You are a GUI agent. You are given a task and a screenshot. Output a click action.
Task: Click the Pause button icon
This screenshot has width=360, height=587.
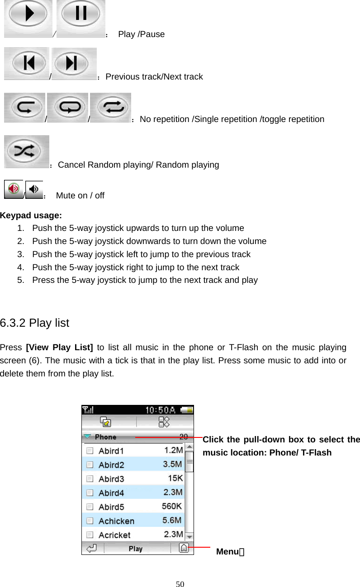point(81,14)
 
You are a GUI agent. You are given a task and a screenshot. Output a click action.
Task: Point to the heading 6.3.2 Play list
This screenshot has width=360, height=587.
point(34,323)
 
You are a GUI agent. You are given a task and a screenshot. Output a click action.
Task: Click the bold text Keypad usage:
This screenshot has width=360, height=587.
point(31,215)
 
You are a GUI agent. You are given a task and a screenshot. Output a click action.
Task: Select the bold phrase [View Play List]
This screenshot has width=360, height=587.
point(60,348)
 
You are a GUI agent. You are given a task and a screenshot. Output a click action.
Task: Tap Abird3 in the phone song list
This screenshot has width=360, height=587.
point(111,479)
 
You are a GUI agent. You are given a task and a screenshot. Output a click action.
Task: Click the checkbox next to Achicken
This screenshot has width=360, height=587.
point(90,521)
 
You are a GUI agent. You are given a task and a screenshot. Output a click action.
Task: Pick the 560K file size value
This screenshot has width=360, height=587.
point(172,507)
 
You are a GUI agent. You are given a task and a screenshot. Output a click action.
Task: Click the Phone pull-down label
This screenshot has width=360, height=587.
point(105,437)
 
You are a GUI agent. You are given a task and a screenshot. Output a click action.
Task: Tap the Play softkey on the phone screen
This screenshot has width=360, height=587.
point(136,549)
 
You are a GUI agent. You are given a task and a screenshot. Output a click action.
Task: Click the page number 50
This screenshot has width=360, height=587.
point(180,584)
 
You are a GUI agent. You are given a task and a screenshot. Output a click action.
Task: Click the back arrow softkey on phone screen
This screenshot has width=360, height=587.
point(93,549)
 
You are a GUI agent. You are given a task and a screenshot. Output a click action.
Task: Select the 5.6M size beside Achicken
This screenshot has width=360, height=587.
point(172,521)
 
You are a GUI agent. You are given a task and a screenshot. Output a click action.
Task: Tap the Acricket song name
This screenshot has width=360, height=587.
point(114,535)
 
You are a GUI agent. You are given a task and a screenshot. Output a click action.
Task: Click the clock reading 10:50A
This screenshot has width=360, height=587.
point(161,410)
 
